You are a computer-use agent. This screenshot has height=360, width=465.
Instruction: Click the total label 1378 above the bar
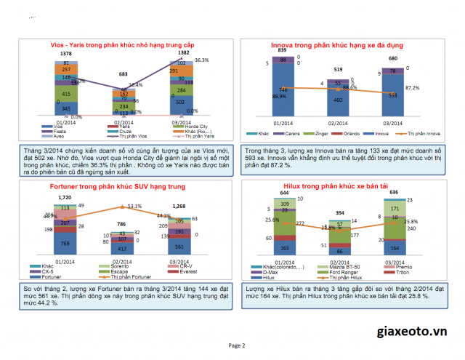(66, 54)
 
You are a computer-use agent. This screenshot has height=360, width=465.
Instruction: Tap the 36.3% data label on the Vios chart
(202, 60)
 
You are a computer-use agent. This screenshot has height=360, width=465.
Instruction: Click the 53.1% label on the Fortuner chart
(134, 207)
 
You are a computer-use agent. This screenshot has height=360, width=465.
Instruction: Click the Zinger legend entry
(321, 134)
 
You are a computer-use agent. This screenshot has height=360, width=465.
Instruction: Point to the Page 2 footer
(237, 345)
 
